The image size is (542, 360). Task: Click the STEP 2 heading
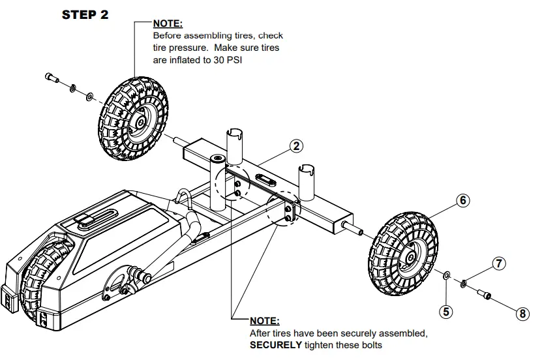click(x=85, y=15)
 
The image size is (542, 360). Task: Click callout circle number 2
click(x=296, y=146)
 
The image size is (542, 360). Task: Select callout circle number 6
click(x=462, y=201)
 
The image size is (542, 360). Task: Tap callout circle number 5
click(x=446, y=312)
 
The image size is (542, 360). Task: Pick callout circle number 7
click(x=498, y=264)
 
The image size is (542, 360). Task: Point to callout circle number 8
click(x=522, y=314)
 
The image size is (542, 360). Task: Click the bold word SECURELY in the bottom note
click(x=276, y=344)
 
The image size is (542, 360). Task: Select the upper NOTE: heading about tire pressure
click(x=168, y=24)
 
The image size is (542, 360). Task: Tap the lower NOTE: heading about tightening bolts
click(x=265, y=321)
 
